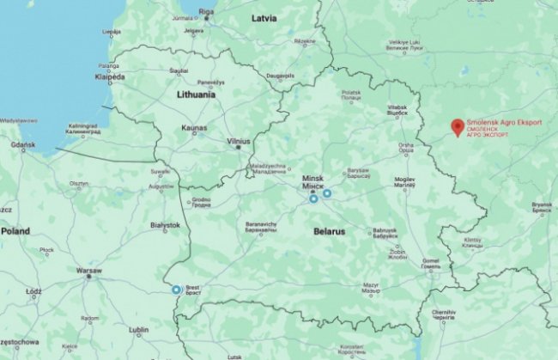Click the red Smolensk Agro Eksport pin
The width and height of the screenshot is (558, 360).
click(458, 127)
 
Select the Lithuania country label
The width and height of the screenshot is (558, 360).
click(195, 95)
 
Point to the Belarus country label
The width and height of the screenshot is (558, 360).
click(329, 232)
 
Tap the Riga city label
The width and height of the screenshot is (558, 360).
click(206, 11)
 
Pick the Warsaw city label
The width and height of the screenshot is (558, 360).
click(89, 270)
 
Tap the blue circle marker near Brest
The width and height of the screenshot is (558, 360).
click(177, 290)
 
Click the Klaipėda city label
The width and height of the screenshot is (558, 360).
click(110, 76)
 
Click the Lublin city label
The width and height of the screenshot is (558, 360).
click(138, 328)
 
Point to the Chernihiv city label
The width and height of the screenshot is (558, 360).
click(443, 314)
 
